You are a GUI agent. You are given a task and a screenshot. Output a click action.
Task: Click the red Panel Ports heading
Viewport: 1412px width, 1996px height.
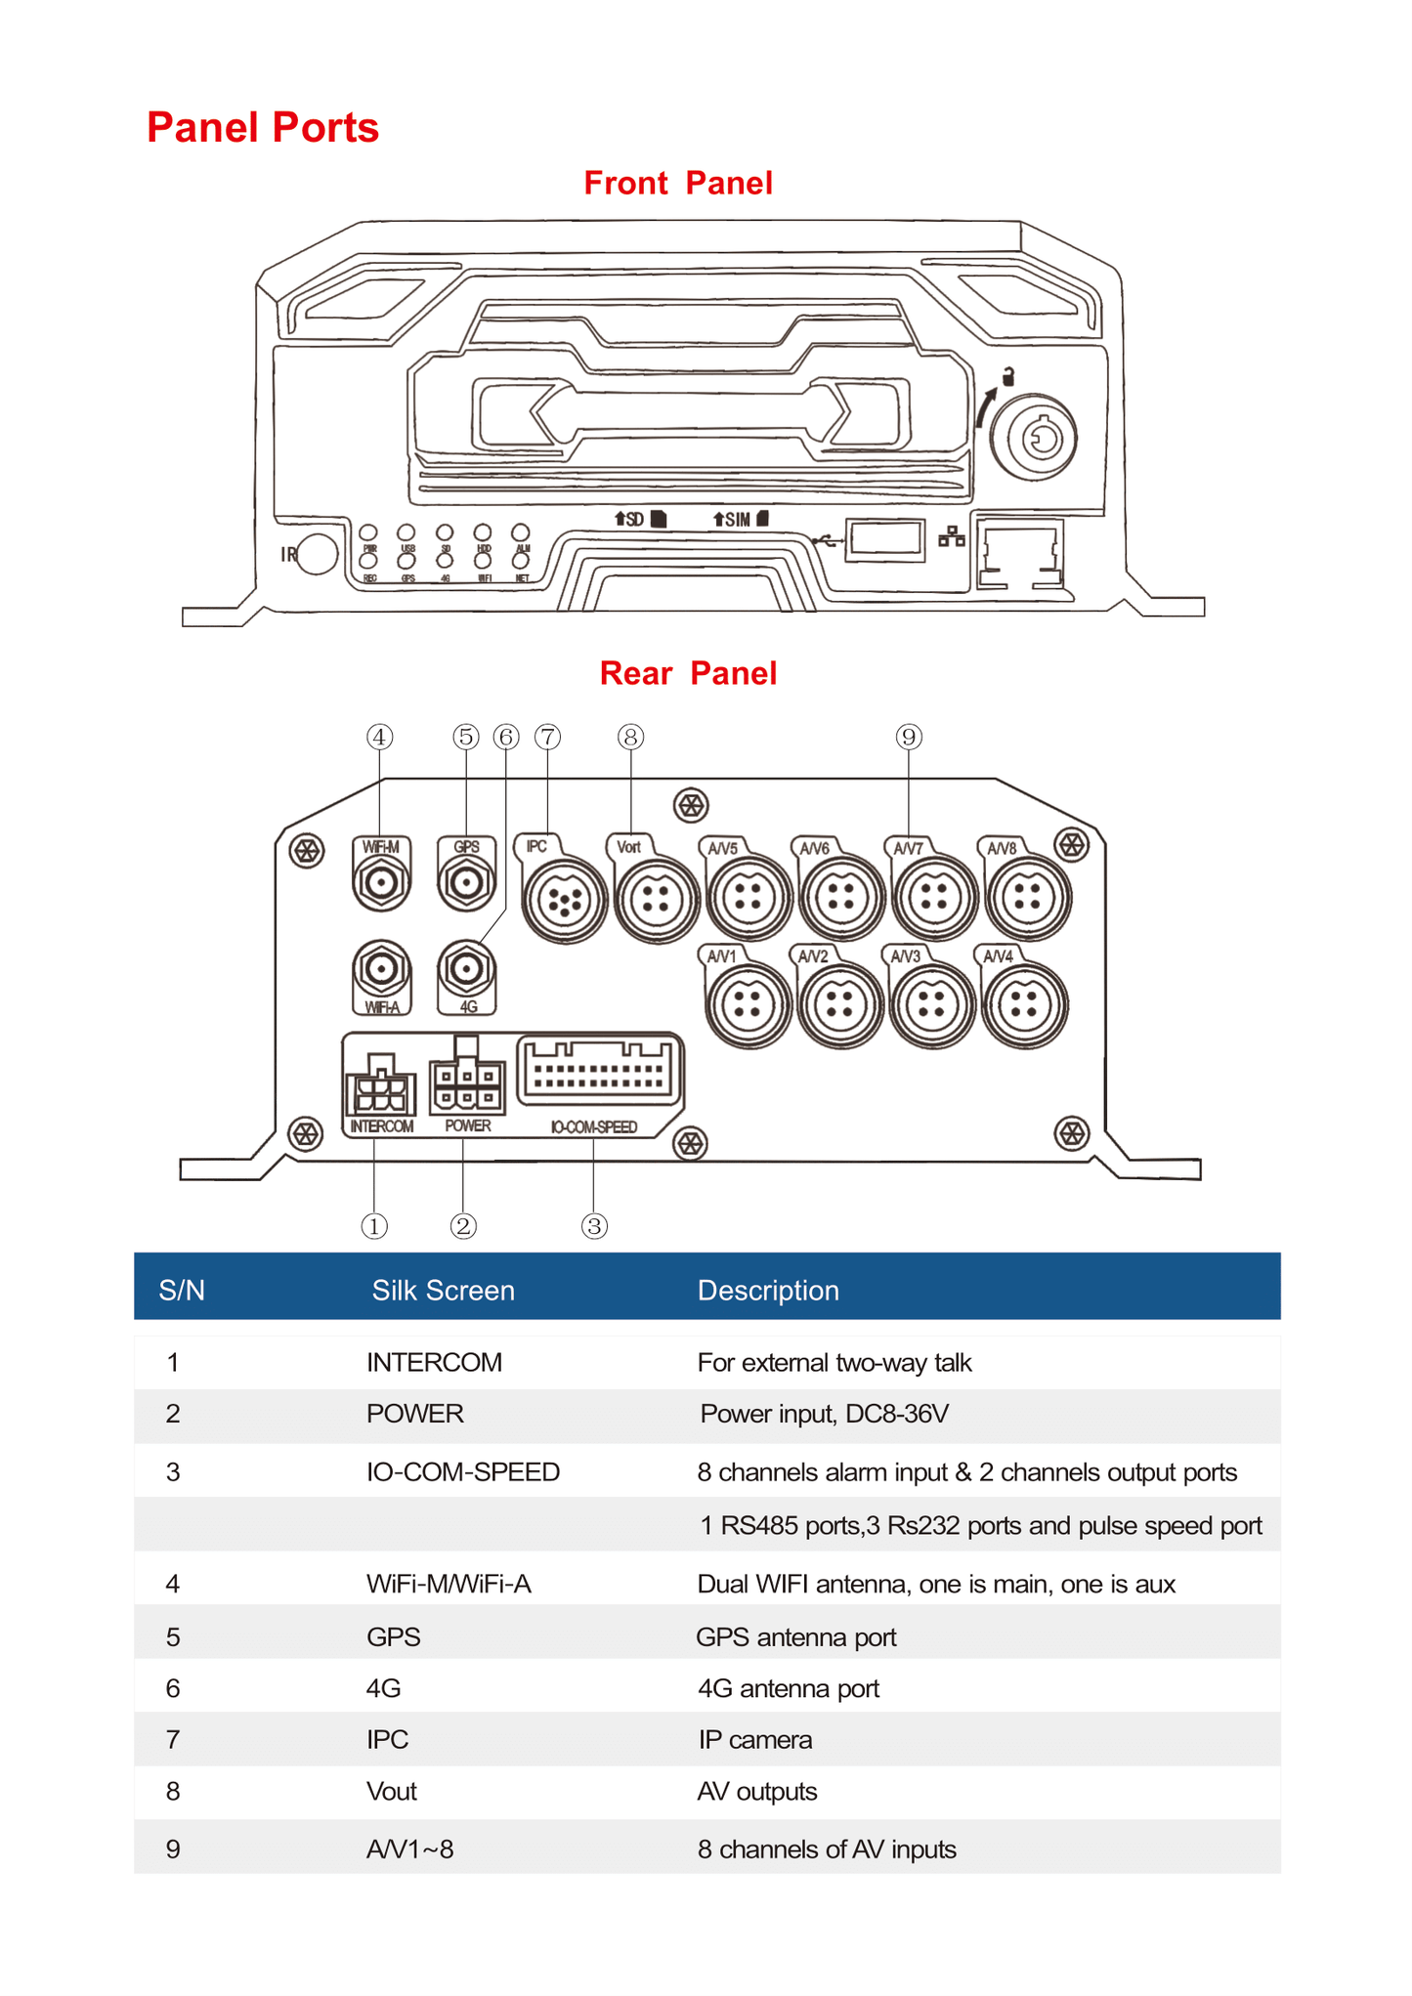click(x=262, y=128)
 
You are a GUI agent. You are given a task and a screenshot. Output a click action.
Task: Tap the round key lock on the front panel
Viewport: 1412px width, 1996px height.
click(x=1034, y=439)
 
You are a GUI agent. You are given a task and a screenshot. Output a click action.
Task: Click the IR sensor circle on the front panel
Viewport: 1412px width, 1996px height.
click(x=317, y=554)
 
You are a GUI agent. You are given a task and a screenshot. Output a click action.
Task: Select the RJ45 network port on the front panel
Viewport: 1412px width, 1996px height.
click(x=1019, y=556)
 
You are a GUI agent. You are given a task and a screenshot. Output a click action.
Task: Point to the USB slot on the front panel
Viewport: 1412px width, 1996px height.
click(x=884, y=540)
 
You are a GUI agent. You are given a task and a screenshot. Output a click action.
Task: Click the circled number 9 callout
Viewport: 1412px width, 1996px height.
click(x=909, y=737)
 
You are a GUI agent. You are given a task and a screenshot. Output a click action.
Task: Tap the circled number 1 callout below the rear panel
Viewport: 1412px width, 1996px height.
click(x=374, y=1226)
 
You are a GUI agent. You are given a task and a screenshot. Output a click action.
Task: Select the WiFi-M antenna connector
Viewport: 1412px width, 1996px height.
click(x=381, y=883)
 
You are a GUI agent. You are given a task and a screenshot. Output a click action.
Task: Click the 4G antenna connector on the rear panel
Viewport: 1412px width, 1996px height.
click(x=467, y=969)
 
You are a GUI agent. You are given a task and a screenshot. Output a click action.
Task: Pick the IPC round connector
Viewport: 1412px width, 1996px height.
click(x=564, y=900)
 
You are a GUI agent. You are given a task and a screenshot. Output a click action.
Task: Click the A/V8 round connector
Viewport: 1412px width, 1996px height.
click(x=1027, y=897)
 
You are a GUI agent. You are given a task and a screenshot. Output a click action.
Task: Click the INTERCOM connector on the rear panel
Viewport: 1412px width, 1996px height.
click(x=380, y=1089)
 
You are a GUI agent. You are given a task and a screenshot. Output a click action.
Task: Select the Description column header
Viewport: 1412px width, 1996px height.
click(x=768, y=1291)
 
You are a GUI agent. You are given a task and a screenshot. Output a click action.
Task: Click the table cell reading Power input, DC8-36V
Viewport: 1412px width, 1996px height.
click(x=824, y=1414)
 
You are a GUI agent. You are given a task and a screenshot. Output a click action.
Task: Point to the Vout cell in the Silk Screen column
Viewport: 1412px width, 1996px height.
click(x=392, y=1791)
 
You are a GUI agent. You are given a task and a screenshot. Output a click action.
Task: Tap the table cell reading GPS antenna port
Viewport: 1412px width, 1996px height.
click(x=796, y=1636)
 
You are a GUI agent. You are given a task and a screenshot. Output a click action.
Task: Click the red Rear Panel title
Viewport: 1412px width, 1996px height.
click(x=688, y=673)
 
